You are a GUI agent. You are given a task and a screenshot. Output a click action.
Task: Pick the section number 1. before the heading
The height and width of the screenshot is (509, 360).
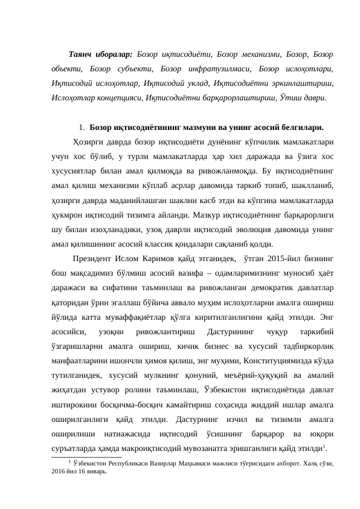[x=82, y=128]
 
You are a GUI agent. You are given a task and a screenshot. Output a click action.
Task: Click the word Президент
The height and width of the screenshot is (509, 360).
[x=91, y=259]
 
